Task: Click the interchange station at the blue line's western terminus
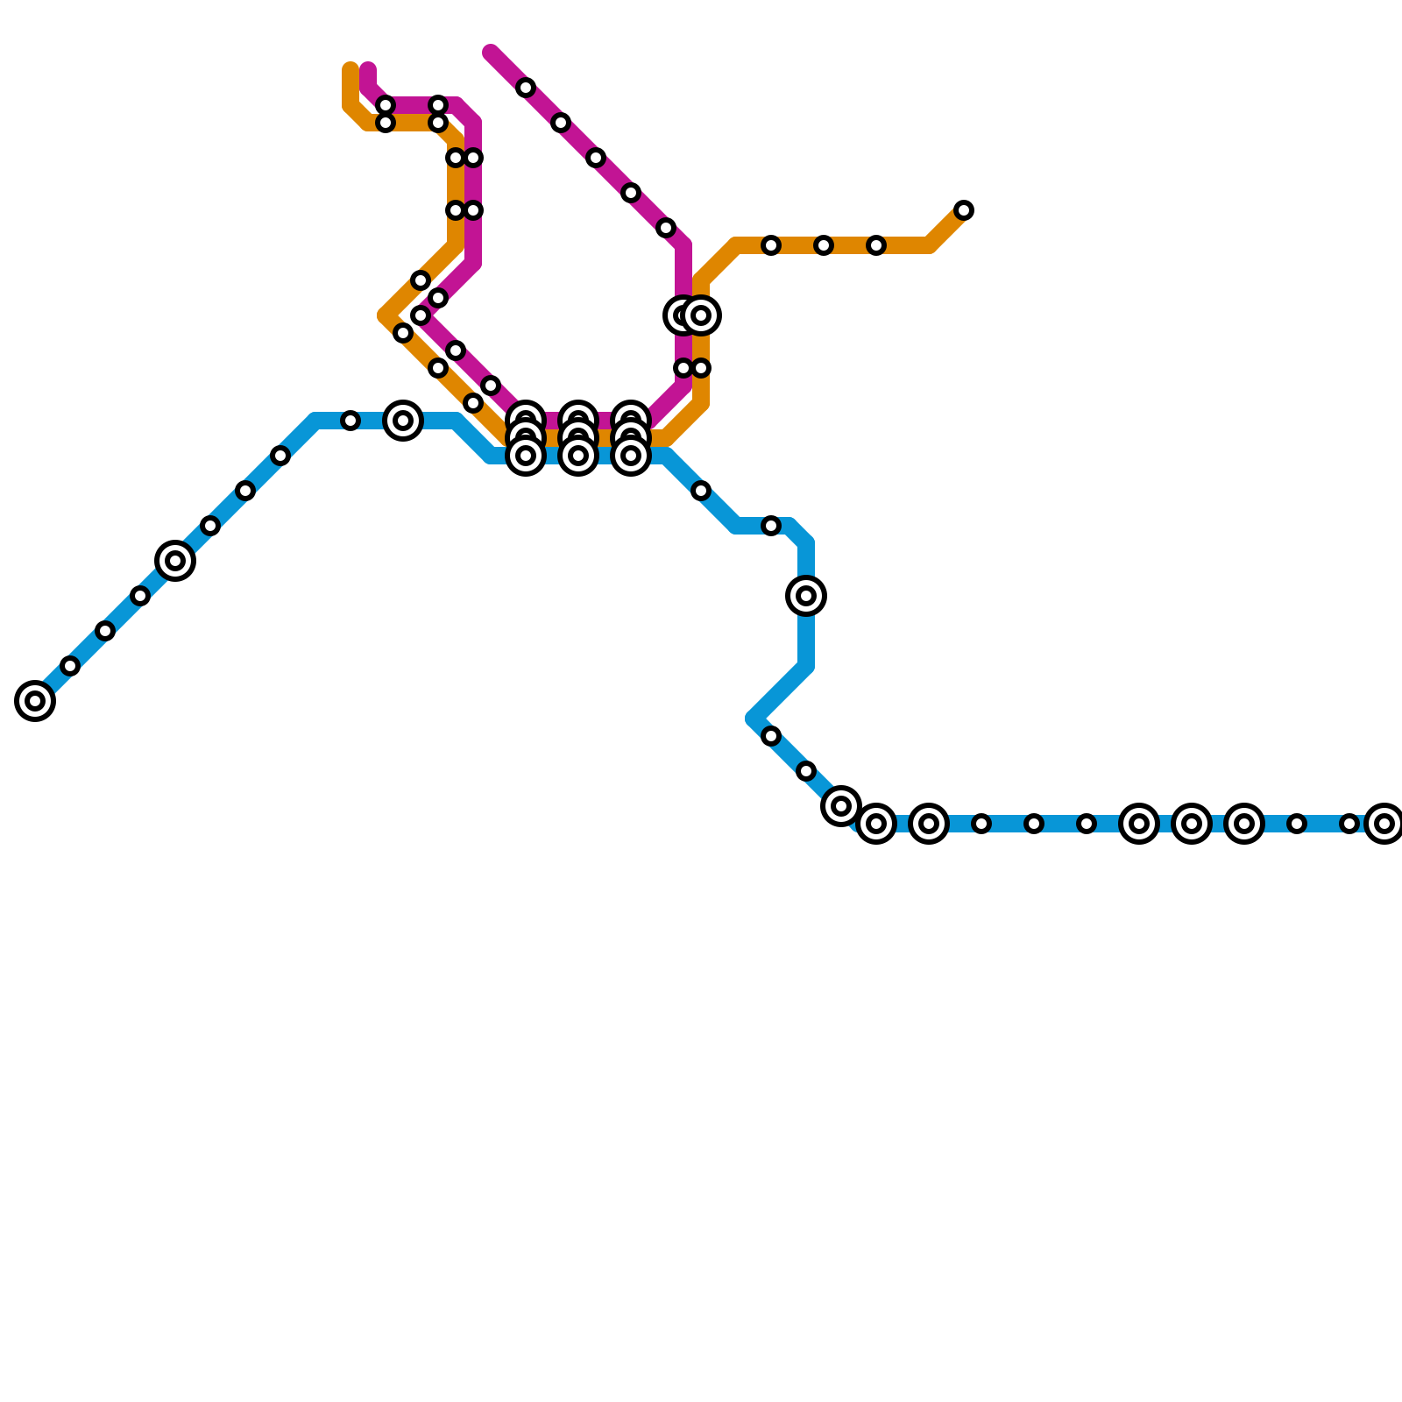click(35, 701)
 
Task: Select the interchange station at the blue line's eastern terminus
click(1384, 824)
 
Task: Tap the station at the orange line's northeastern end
click(964, 210)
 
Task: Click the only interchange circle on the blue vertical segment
click(806, 596)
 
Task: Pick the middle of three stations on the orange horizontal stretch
click(824, 245)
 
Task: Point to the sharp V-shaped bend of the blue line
click(754, 719)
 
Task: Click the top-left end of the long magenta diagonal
click(491, 53)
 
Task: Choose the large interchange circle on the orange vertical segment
click(701, 315)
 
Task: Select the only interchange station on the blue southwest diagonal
click(175, 561)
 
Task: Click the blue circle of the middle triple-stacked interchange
click(578, 456)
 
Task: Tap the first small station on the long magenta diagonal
click(526, 88)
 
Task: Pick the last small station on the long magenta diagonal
click(666, 228)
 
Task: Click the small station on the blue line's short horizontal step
click(771, 526)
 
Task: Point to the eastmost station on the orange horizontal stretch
click(876, 245)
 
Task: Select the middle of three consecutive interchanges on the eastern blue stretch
click(1192, 824)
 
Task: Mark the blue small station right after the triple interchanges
click(701, 491)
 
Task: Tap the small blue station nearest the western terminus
click(70, 666)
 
